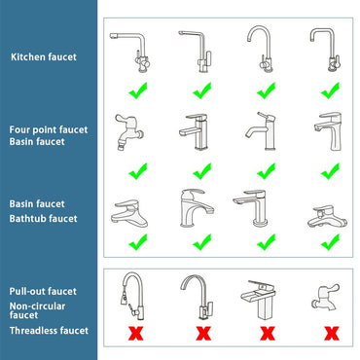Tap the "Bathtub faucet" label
tap(44, 219)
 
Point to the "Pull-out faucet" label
tap(44, 290)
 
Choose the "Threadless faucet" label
tap(49, 331)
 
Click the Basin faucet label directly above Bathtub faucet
tap(37, 204)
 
